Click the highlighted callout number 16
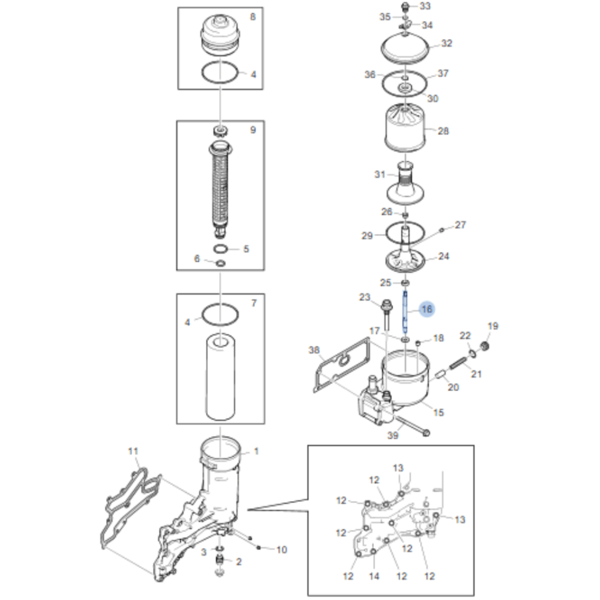tap(427, 309)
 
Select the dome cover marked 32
tap(405, 49)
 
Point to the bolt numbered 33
tap(405, 5)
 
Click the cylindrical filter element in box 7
tap(220, 377)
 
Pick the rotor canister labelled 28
tap(405, 128)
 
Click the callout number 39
tap(393, 435)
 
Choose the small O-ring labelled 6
tap(220, 263)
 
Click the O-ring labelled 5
tap(221, 249)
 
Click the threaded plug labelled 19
tap(484, 346)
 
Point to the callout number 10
tap(281, 550)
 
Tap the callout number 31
tap(380, 174)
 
